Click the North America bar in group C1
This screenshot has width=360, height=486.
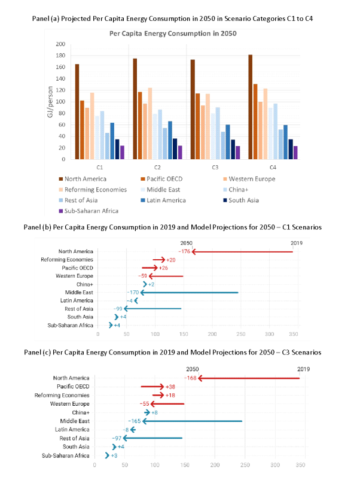tap(77, 111)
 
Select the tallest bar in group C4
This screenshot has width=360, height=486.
tap(250, 107)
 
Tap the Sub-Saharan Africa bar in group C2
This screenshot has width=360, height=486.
tap(180, 153)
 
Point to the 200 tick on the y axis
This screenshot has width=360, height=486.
tap(60, 44)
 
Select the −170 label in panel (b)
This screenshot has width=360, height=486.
tap(131, 293)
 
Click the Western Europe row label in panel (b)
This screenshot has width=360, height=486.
tap(76, 276)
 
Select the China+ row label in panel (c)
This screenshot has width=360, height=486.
tap(81, 412)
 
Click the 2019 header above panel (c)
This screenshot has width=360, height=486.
tap(304, 370)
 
